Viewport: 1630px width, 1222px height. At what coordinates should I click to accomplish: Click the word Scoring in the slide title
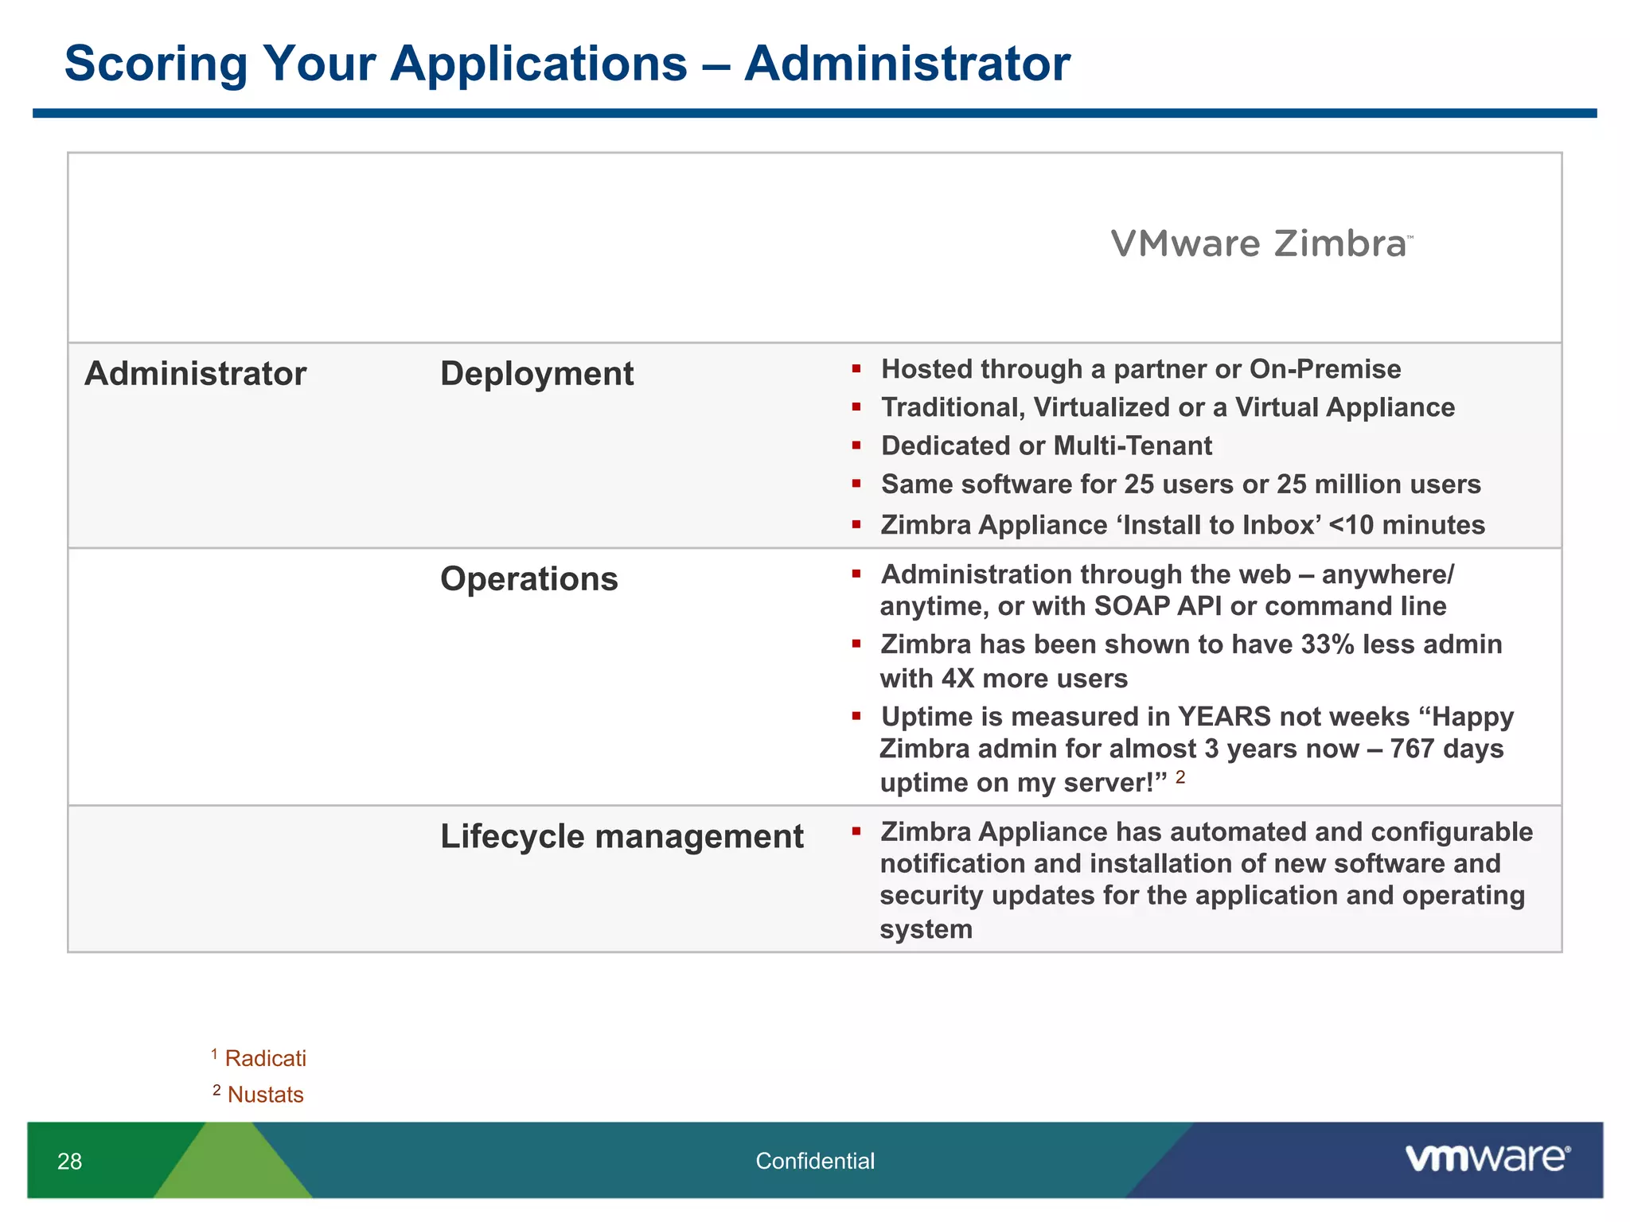(156, 64)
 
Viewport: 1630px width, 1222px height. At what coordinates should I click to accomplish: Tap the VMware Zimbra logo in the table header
(1261, 244)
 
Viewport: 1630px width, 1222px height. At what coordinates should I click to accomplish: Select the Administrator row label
(195, 374)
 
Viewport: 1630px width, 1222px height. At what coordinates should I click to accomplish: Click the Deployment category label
(536, 374)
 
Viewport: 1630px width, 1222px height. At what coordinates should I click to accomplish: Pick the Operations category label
(528, 579)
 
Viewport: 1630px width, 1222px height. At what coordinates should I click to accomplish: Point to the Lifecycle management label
(622, 837)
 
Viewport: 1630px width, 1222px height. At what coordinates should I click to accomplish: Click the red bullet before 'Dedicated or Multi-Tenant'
(856, 446)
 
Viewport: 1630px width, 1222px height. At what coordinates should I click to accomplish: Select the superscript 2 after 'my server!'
(1180, 776)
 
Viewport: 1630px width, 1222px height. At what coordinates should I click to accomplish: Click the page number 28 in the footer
(69, 1162)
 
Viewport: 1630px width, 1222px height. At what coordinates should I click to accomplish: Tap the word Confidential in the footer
(814, 1162)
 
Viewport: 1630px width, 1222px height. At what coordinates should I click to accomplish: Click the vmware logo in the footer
(1487, 1158)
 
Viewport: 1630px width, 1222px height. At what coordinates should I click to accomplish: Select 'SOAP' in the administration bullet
(1131, 606)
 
